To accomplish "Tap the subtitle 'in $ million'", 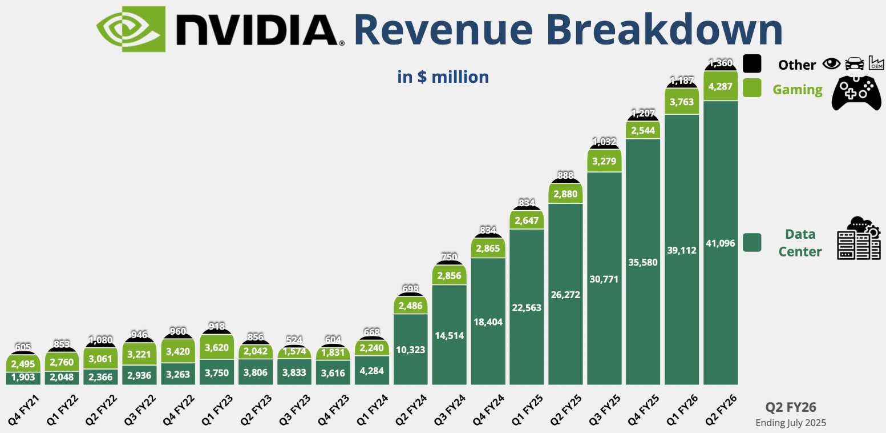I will tap(443, 77).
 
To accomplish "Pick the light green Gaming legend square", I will tap(752, 88).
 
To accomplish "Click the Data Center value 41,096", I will tap(721, 243).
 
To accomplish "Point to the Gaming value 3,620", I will tap(216, 346).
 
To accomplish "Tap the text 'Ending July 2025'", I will tap(791, 423).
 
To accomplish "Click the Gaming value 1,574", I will tap(294, 352).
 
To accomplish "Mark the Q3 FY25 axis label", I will tap(604, 406).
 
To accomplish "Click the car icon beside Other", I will tap(854, 64).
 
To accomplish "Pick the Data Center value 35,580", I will tap(643, 262).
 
